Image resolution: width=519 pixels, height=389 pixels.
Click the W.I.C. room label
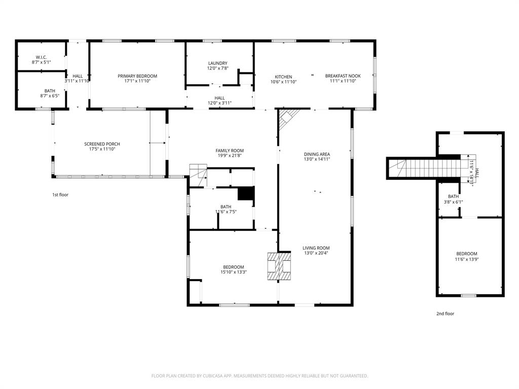pyautogui.click(x=42, y=57)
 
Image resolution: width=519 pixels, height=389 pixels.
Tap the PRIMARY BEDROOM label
pyautogui.click(x=137, y=76)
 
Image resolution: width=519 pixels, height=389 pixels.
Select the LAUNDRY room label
pyautogui.click(x=217, y=63)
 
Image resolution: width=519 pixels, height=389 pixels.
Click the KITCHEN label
pyautogui.click(x=283, y=76)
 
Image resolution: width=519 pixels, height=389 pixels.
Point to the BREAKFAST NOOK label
pyautogui.click(x=343, y=76)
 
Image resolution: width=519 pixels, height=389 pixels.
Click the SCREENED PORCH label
pyautogui.click(x=102, y=144)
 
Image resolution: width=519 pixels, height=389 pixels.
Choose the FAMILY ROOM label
pyautogui.click(x=230, y=150)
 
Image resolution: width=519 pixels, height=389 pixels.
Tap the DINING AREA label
pyautogui.click(x=317, y=154)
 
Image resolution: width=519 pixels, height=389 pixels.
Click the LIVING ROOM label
pyautogui.click(x=316, y=248)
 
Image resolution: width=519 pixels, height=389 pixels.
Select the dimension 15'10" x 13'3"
pyautogui.click(x=234, y=272)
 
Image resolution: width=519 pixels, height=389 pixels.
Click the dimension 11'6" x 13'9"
pyautogui.click(x=466, y=259)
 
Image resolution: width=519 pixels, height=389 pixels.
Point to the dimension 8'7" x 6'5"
pyautogui.click(x=50, y=96)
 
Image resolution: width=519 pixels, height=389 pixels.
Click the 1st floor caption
pyautogui.click(x=60, y=194)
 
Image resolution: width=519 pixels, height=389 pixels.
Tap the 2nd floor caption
pyautogui.click(x=445, y=314)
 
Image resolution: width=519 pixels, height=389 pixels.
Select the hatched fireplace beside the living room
pyautogui.click(x=279, y=266)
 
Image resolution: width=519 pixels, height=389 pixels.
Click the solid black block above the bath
pyautogui.click(x=246, y=194)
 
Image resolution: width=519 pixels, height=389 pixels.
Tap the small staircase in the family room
pyautogui.click(x=198, y=171)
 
